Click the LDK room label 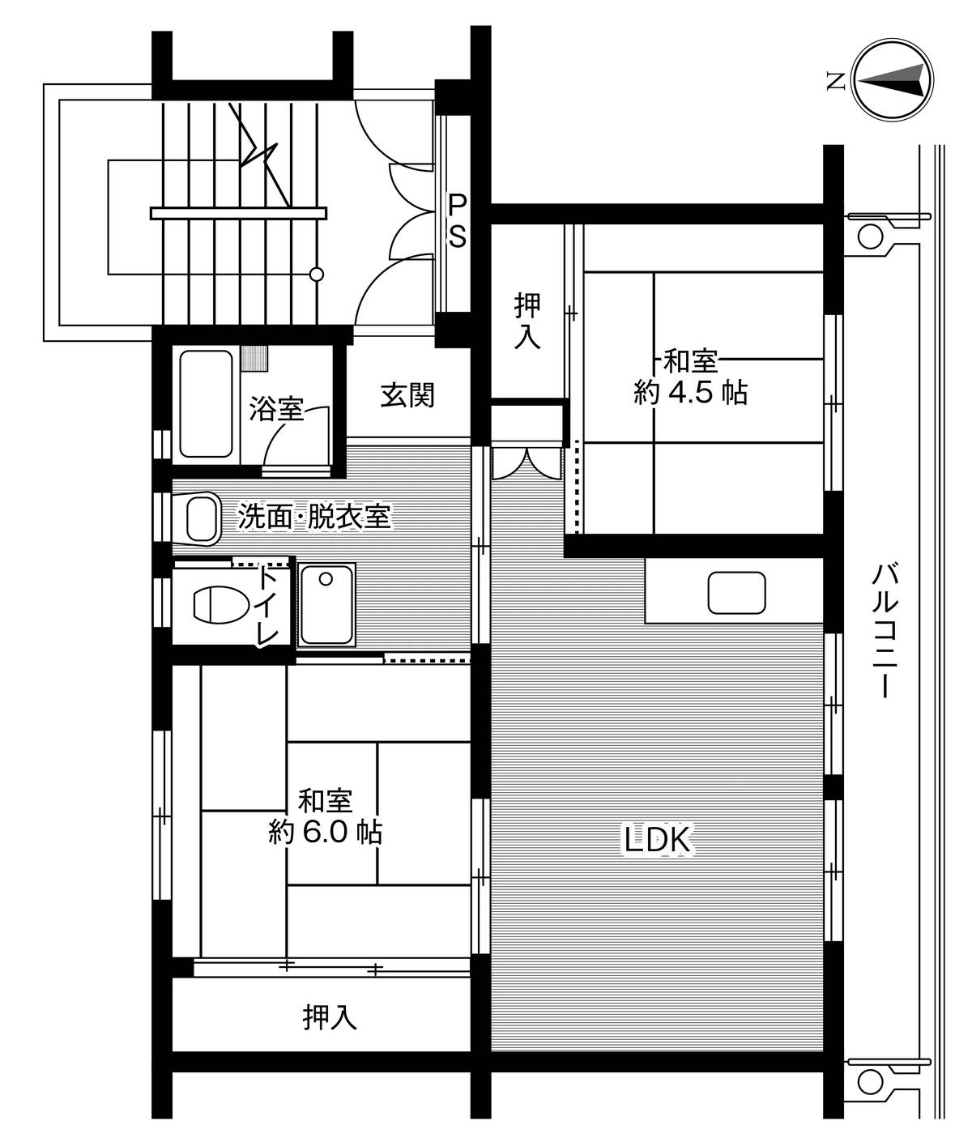click(656, 840)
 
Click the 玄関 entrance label click(408, 395)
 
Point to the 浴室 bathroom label click(276, 409)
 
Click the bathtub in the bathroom click(207, 403)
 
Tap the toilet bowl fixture click(220, 603)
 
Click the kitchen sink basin click(736, 593)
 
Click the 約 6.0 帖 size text click(326, 833)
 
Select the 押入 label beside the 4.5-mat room click(528, 322)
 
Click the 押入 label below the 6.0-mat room click(330, 1017)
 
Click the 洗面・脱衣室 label click(314, 516)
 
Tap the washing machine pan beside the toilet click(326, 604)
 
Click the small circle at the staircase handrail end click(318, 274)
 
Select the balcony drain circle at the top click(868, 236)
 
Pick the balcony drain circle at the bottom click(868, 1080)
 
